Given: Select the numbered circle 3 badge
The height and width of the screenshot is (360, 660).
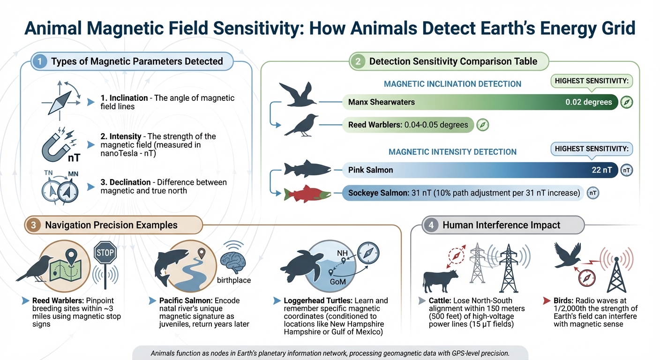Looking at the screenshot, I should click(x=33, y=225).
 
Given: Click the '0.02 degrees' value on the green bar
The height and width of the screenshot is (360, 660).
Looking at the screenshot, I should click(x=588, y=102).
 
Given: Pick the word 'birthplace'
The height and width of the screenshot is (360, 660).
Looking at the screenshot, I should click(x=234, y=280).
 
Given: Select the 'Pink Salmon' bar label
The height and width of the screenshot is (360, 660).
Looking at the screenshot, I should click(x=370, y=170).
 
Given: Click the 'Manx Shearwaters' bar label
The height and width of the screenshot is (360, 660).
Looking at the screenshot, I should click(x=381, y=102).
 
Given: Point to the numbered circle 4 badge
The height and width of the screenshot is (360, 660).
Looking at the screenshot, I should click(x=431, y=225).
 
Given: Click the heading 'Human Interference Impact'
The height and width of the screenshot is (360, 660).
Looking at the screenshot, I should click(x=501, y=225).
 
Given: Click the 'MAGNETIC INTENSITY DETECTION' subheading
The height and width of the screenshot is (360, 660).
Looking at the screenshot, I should click(x=452, y=152).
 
